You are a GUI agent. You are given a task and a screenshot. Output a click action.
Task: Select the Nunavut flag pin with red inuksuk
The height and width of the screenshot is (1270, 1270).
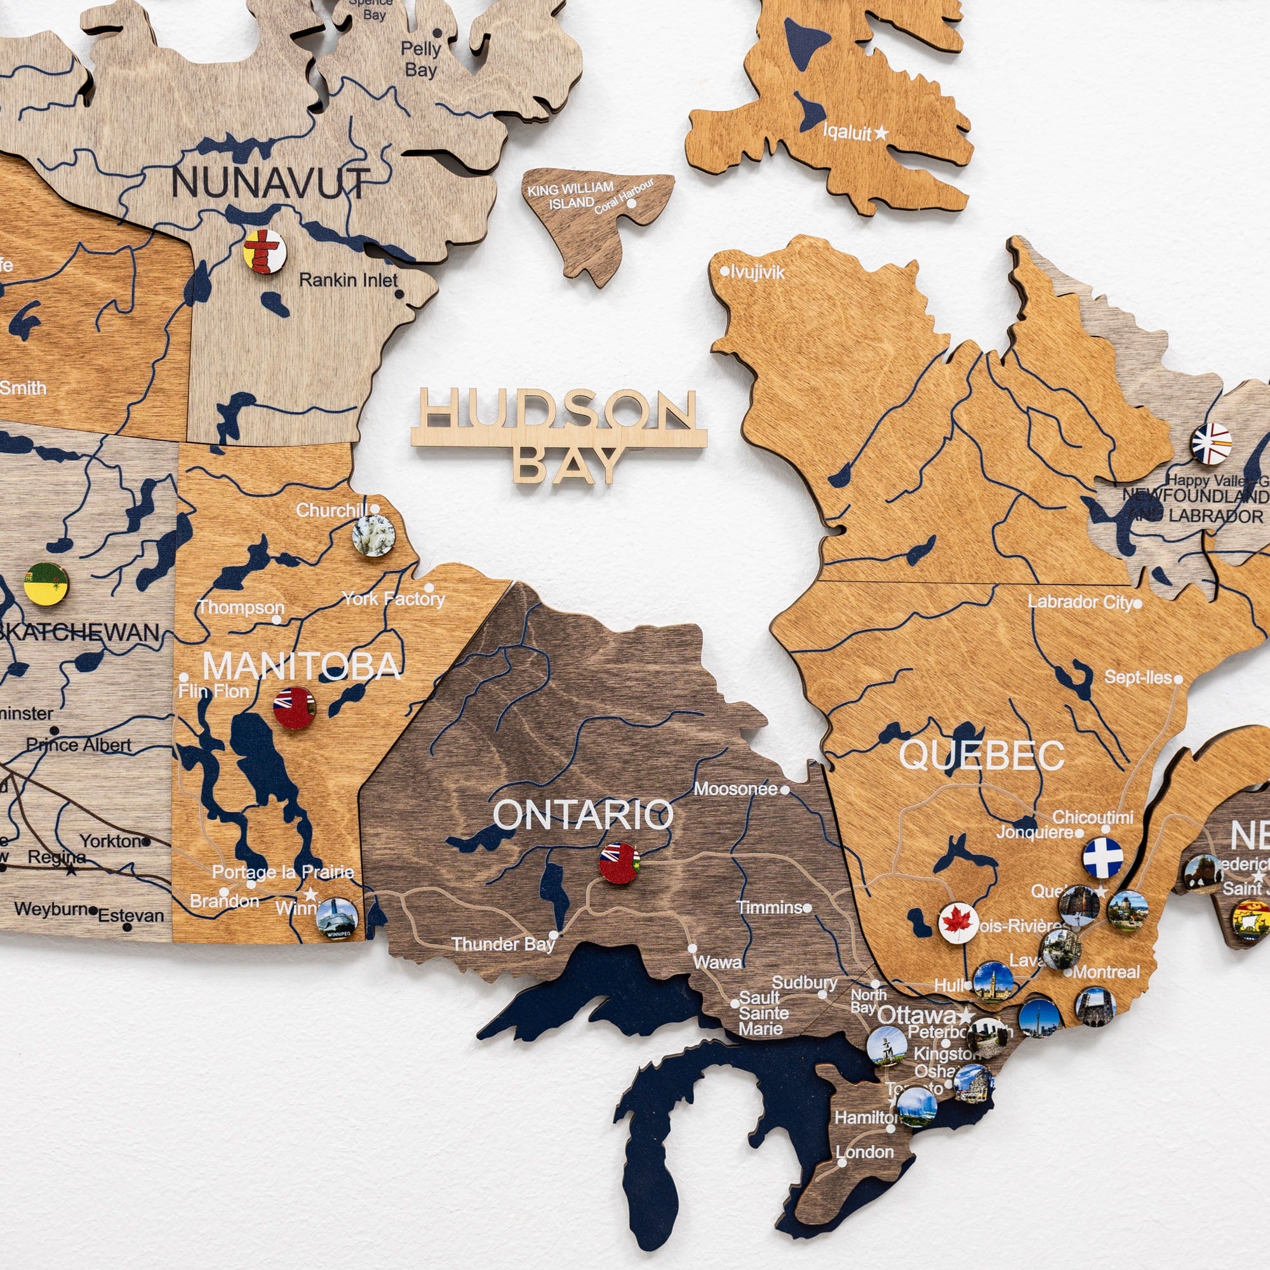pos(265,250)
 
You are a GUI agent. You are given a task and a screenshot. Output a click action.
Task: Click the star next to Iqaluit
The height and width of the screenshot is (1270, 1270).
pos(881,133)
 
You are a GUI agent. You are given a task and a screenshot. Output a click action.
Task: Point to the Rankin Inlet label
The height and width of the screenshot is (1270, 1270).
pos(349,281)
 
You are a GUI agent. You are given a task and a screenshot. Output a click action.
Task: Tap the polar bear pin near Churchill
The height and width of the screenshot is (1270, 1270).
pos(373,536)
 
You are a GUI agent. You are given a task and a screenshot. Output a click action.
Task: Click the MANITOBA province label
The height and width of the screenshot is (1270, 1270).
pos(302,667)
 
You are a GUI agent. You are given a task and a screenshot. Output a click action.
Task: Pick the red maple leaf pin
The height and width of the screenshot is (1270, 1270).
pos(958,923)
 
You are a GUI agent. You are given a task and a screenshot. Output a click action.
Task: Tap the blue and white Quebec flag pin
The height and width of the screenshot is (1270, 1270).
pos(1103,857)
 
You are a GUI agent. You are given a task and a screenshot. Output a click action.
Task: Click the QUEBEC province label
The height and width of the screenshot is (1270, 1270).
pos(982,755)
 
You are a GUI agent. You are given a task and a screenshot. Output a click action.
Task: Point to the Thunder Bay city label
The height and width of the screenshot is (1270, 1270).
pos(503,945)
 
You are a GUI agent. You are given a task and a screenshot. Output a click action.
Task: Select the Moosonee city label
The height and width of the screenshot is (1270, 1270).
pos(735,789)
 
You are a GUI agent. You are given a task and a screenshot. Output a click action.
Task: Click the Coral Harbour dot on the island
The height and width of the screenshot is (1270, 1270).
pos(632,204)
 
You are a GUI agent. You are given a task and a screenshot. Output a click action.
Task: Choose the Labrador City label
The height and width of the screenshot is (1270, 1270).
pos(1080,601)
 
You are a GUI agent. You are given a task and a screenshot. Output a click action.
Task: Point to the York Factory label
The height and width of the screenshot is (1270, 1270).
pos(393,599)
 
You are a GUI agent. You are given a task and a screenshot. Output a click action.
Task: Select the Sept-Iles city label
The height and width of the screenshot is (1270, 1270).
pos(1139,677)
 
